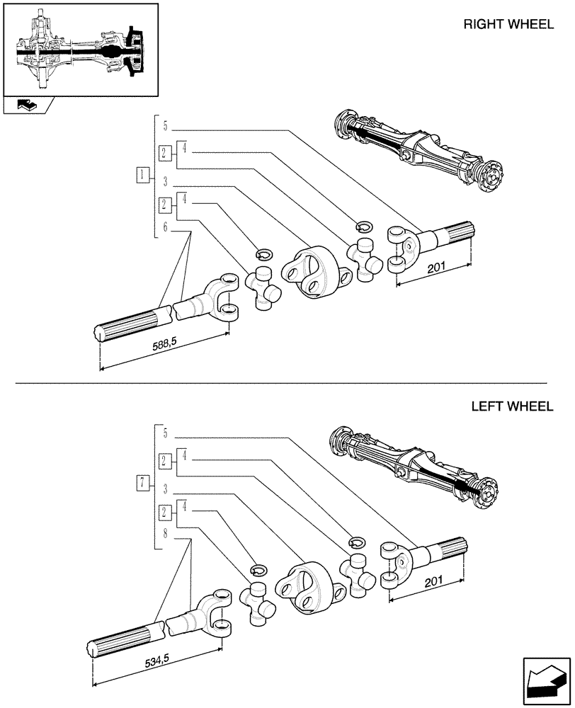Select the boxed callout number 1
(x=144, y=175)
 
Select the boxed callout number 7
(x=144, y=484)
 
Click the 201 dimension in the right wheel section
(x=437, y=268)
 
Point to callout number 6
(x=164, y=227)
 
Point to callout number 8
(x=164, y=535)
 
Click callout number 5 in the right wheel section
(x=164, y=127)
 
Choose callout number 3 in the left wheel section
(x=164, y=489)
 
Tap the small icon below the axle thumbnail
(x=26, y=105)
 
